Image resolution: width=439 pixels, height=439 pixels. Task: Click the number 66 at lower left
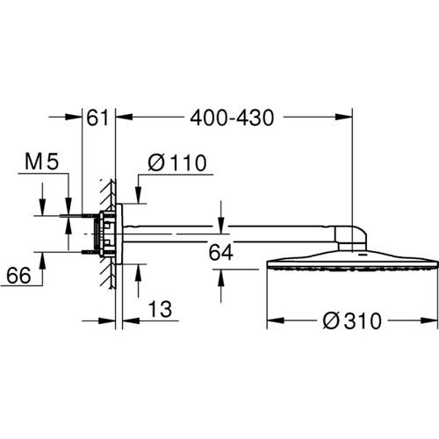point(18,275)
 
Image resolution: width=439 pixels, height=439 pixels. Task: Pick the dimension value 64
point(222,253)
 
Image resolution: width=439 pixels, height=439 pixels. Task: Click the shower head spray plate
point(351,264)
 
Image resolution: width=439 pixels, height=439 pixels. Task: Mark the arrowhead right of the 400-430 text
point(346,115)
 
